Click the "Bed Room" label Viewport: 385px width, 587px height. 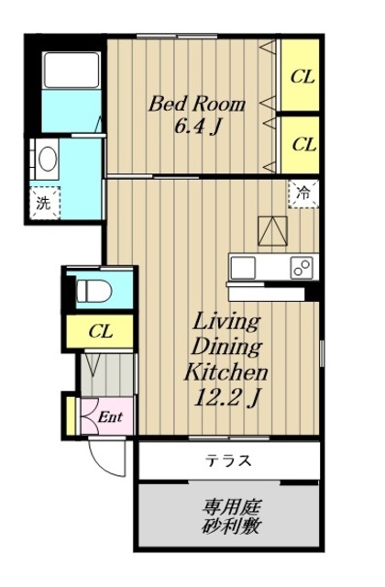pos(197,104)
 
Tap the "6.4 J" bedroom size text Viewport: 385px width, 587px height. pos(196,127)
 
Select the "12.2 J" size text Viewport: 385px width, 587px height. pos(226,397)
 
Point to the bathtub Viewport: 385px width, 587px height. pos(71,70)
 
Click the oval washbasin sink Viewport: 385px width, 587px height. pos(49,159)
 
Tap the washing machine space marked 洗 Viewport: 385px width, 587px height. pos(45,203)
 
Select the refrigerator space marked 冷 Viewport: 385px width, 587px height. pos(303,194)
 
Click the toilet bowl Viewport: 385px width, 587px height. pos(93,290)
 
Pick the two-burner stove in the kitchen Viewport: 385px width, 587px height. pos(302,268)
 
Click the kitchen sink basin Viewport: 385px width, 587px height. pos(243,268)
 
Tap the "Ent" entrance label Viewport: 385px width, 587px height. pos(110,416)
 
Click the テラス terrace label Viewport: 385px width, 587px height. pos(228,460)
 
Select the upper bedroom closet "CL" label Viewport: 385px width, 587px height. pos(302,77)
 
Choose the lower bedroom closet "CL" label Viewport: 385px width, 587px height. pos(304,144)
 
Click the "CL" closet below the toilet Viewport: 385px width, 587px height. pos(101,331)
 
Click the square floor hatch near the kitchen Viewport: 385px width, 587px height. pos(272,231)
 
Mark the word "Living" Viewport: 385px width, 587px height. pos(226,323)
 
